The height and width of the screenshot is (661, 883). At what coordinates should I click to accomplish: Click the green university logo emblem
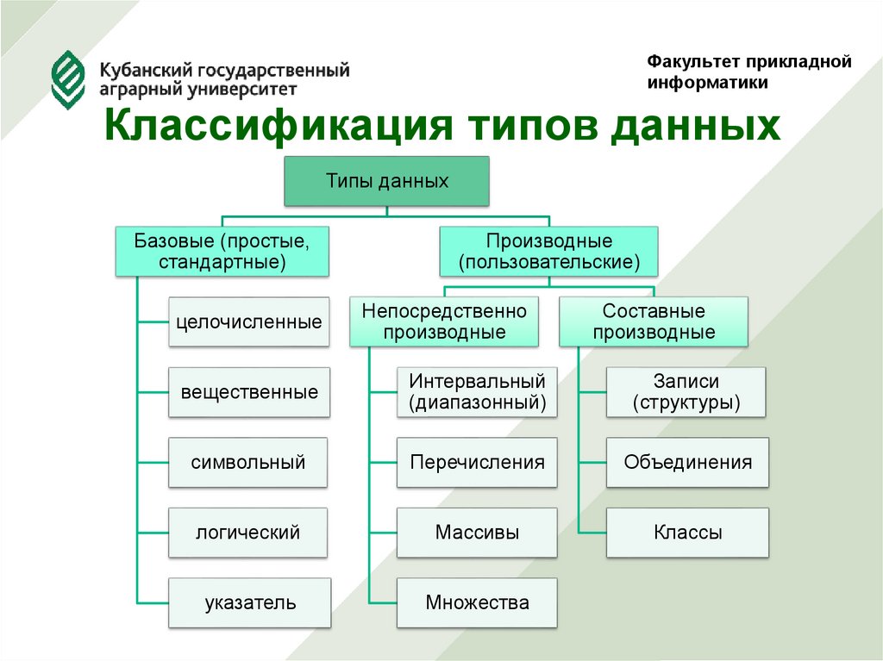(x=69, y=78)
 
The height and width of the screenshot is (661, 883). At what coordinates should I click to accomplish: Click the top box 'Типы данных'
(x=387, y=181)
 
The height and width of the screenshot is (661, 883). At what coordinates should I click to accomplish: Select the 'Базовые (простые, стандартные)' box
(x=222, y=251)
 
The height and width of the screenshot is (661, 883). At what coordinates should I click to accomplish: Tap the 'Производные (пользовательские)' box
(x=549, y=251)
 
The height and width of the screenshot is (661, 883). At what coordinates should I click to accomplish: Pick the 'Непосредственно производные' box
(x=444, y=321)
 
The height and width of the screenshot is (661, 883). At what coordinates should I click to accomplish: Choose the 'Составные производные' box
(x=654, y=321)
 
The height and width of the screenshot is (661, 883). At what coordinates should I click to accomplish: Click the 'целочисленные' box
(x=249, y=322)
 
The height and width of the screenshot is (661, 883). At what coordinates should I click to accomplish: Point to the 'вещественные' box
(x=249, y=392)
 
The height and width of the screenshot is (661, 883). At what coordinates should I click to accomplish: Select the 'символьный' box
(x=249, y=463)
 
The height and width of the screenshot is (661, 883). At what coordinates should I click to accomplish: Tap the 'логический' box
(x=249, y=533)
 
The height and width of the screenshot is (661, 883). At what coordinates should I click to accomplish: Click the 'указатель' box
(x=249, y=602)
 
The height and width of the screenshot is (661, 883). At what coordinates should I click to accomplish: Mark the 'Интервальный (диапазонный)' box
(x=477, y=392)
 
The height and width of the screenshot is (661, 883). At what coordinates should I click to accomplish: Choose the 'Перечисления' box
(x=477, y=463)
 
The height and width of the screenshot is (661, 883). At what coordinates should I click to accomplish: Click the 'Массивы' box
(x=477, y=533)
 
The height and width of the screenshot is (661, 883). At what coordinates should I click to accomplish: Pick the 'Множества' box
(x=477, y=602)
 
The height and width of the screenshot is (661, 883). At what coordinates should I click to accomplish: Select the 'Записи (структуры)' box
(x=686, y=392)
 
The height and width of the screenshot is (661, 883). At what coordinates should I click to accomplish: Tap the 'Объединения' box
(x=686, y=463)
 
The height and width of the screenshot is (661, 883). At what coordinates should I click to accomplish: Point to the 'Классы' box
(x=686, y=533)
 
